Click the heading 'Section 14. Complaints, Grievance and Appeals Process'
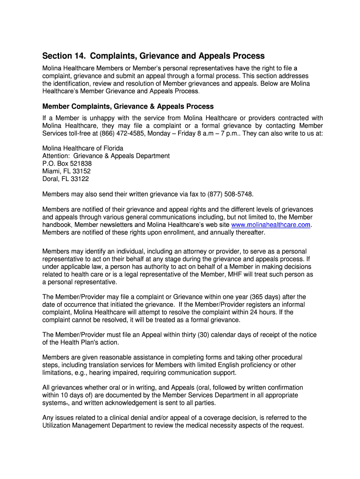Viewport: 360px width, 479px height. [153, 56]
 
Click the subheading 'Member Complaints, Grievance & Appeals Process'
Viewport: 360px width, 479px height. [128, 106]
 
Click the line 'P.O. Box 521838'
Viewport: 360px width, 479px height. [67, 164]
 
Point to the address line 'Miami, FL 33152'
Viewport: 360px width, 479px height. [66, 171]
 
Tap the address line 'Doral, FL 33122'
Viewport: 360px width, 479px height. [65, 179]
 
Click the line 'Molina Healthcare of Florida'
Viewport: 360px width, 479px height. [83, 148]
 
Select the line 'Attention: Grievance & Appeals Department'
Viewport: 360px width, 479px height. [106, 156]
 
